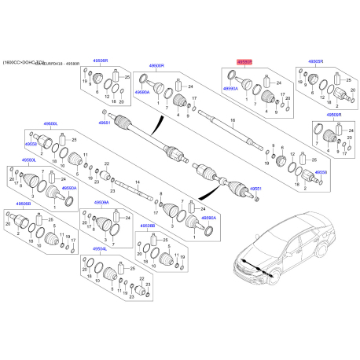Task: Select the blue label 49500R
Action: point(158,66)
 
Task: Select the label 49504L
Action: point(99,248)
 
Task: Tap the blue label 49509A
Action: point(101,201)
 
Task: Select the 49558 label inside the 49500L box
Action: point(31,145)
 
